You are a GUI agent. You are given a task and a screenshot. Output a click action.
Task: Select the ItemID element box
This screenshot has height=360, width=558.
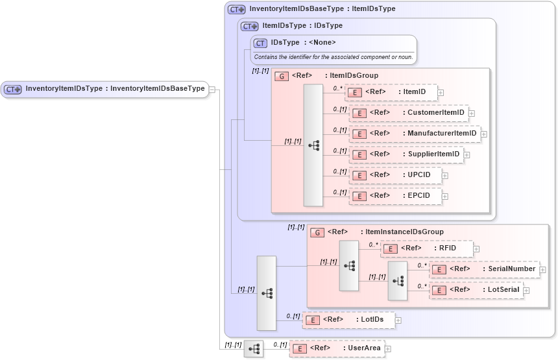[x=391, y=92]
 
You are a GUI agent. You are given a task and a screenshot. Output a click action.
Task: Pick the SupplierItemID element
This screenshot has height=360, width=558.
[x=406, y=154]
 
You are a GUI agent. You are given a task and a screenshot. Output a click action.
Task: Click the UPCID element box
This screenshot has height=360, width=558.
[x=394, y=175]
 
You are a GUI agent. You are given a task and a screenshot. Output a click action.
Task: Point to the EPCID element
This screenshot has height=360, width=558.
[x=394, y=196]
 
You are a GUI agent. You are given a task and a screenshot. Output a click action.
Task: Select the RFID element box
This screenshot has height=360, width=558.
[x=426, y=248]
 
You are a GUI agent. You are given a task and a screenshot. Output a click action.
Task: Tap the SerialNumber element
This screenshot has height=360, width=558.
[x=483, y=269]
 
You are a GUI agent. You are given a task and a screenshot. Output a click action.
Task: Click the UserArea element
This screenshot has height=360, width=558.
[x=336, y=348]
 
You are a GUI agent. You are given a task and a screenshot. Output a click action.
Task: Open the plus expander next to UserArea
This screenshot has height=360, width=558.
[x=388, y=349]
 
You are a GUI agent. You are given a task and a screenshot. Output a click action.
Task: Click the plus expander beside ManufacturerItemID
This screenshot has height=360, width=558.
[x=484, y=134]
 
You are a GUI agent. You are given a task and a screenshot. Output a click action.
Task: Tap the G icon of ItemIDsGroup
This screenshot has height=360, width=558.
[x=281, y=76]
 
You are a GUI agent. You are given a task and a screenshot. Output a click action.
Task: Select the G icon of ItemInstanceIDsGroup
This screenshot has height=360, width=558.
[x=317, y=232]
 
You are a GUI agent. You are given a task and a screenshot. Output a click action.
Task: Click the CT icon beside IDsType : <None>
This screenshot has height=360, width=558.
[x=260, y=43]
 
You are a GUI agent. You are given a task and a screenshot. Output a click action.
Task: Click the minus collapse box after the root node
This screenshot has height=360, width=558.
[x=212, y=90]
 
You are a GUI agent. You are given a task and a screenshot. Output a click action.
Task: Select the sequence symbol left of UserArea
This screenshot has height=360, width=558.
[x=254, y=348]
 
